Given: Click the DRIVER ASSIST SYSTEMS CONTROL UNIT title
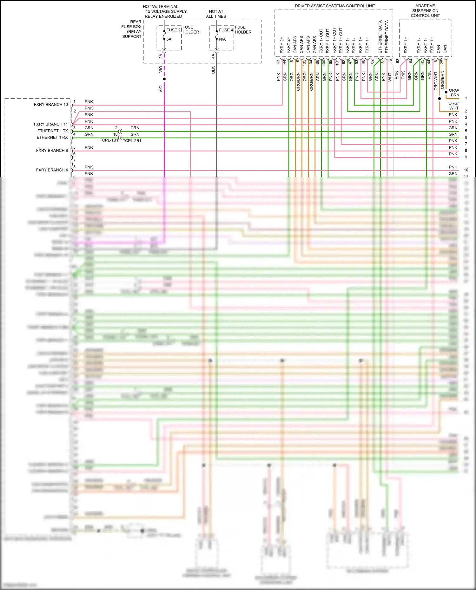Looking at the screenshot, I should tap(334, 6).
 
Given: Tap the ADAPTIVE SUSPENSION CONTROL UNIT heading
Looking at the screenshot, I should tap(425, 11).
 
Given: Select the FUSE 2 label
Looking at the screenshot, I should tap(173, 30).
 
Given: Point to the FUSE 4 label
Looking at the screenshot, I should tap(226, 30).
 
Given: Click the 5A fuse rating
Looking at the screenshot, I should tap(169, 39).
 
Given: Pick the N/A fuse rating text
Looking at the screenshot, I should tap(222, 39).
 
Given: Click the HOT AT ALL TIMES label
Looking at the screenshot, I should tap(216, 14).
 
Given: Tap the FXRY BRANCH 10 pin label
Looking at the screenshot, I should tap(51, 105).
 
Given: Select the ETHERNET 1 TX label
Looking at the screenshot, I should tap(52, 131).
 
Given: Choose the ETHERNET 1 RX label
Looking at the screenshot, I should tap(52, 138).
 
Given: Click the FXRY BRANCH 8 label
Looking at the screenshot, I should tap(52, 151).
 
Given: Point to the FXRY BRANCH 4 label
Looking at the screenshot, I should tap(52, 170).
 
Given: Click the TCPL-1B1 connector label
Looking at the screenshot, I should tap(109, 140).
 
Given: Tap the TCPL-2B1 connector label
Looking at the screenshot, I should tap(132, 141).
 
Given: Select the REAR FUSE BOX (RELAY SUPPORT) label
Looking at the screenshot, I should tap(132, 29).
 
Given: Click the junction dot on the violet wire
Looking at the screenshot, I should tap(164, 79).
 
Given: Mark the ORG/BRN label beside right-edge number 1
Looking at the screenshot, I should tap(454, 93).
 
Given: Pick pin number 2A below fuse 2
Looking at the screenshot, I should tap(161, 56).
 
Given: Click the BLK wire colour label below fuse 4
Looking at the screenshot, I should tap(213, 70).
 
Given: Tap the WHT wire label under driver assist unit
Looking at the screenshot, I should tap(390, 77).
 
